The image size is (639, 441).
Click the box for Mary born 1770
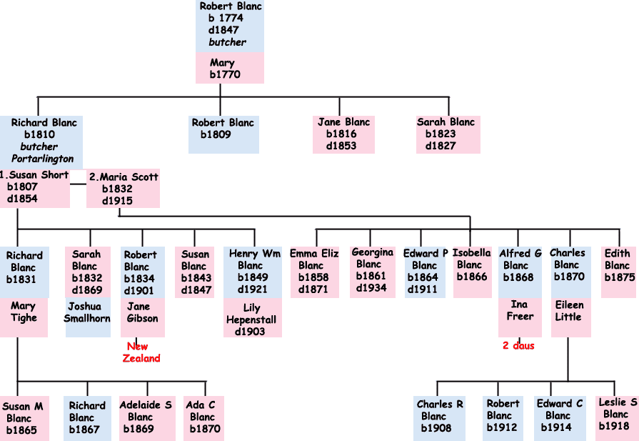tap(230, 69)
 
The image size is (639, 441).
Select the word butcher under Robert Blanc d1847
tap(228, 42)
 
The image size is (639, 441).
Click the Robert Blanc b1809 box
tap(223, 134)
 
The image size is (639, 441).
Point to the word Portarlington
tap(42, 159)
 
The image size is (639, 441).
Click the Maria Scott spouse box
tap(123, 189)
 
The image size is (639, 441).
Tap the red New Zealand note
tap(142, 352)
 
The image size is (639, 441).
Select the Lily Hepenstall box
tap(252, 319)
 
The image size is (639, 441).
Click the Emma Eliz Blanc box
tap(313, 271)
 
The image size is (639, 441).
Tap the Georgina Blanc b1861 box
tap(373, 271)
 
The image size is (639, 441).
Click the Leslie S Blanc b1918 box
tap(618, 415)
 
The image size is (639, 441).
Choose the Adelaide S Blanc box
tap(146, 417)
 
